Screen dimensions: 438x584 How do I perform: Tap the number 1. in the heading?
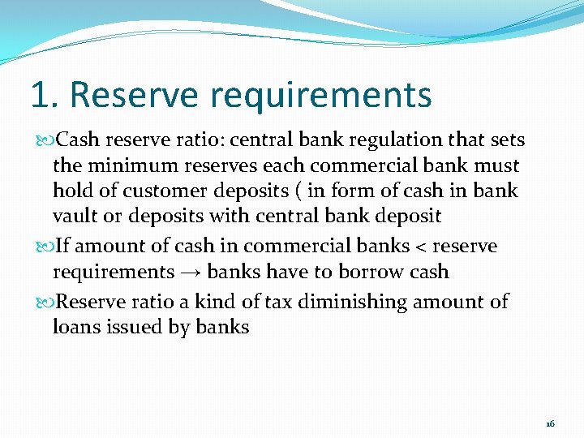tap(45, 95)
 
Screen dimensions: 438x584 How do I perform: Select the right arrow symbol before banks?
tap(191, 273)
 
